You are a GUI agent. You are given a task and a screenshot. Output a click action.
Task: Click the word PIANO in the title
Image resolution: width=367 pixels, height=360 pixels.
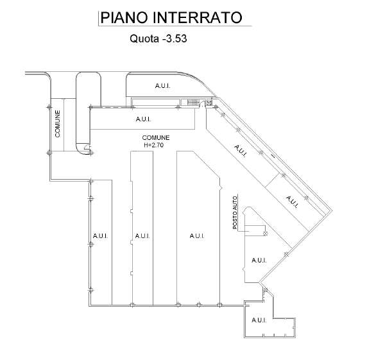124,17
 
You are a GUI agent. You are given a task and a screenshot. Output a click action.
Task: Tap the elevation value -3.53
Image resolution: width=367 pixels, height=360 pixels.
175,39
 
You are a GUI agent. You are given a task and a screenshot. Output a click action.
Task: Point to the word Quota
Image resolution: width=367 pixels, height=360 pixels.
144,39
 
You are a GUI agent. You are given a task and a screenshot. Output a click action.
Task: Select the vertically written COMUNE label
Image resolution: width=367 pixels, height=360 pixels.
57,124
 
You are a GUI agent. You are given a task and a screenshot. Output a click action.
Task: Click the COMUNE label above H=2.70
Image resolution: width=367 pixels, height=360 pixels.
156,137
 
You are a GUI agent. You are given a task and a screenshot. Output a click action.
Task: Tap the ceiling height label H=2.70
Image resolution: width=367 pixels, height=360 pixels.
153,145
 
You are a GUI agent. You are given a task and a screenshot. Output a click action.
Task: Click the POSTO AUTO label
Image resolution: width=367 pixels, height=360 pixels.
235,213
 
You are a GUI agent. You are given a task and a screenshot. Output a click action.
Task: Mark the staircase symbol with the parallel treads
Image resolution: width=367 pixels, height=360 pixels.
193,102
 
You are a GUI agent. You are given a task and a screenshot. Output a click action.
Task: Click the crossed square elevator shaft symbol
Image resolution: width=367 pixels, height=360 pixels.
209,103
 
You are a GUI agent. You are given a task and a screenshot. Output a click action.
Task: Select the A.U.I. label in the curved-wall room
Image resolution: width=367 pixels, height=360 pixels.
162,86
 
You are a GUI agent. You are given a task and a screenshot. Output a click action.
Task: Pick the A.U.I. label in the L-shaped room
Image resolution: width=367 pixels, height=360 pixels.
259,320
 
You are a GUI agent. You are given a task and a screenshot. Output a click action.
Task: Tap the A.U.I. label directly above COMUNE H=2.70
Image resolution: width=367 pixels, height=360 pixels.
143,119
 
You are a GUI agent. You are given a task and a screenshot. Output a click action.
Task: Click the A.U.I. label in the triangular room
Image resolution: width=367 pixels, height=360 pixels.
259,260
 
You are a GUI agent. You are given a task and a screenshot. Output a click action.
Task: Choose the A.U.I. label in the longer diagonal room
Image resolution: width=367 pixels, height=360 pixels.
241,151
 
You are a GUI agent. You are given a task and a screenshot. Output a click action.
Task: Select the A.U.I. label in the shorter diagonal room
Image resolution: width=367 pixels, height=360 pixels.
292,201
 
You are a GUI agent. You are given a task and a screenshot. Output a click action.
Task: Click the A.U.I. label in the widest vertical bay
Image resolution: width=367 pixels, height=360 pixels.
197,236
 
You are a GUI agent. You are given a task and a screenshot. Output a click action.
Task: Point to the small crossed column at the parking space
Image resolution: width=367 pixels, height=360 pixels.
265,234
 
